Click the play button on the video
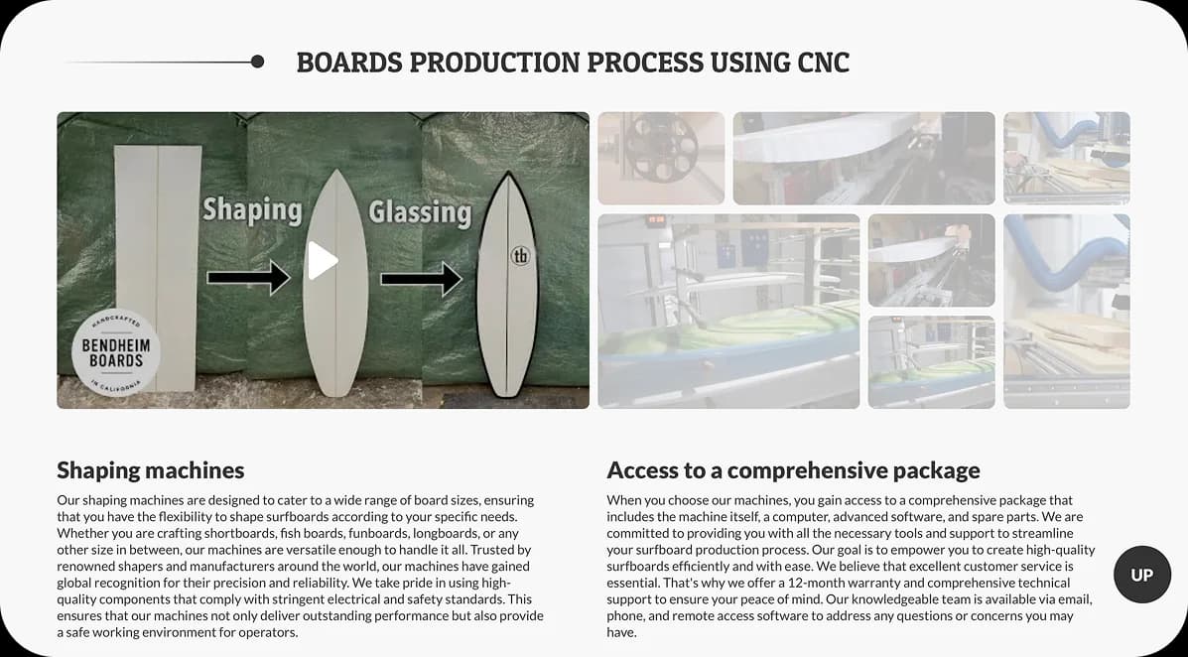tap(323, 261)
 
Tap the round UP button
tap(1142, 575)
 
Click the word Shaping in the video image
tap(252, 209)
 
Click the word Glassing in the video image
tap(420, 211)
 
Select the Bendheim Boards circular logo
tap(116, 354)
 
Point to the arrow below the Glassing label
tap(421, 279)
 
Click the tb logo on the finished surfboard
tap(520, 256)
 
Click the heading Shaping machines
tap(150, 469)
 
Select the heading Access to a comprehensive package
tap(793, 469)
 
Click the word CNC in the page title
tap(823, 63)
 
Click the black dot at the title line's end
tap(258, 62)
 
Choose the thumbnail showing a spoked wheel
tap(660, 158)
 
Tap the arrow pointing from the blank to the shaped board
tap(247, 278)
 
